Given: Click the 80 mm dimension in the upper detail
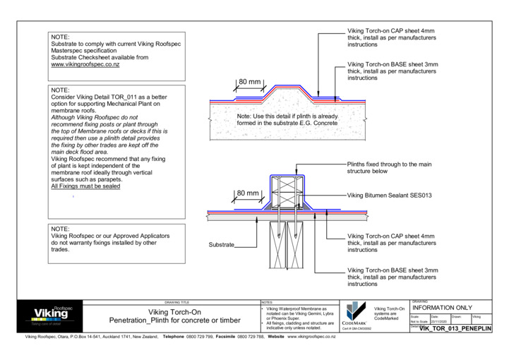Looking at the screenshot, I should (x=248, y=83).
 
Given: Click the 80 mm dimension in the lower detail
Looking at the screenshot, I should (x=248, y=193).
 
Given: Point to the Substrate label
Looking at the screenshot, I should (x=222, y=246).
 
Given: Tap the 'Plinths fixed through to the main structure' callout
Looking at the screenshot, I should (x=386, y=167).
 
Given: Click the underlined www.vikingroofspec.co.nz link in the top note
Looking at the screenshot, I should (x=85, y=64).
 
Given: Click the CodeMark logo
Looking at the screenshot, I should (x=353, y=314).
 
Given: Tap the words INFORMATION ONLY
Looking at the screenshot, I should (x=441, y=308).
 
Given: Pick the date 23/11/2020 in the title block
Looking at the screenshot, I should (x=440, y=321).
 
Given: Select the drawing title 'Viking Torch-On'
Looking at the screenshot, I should (x=174, y=311).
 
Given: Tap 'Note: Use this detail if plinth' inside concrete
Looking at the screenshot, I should (x=287, y=116).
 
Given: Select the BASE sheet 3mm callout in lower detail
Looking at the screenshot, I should (x=392, y=277).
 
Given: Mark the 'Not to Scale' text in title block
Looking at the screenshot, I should (x=419, y=321).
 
